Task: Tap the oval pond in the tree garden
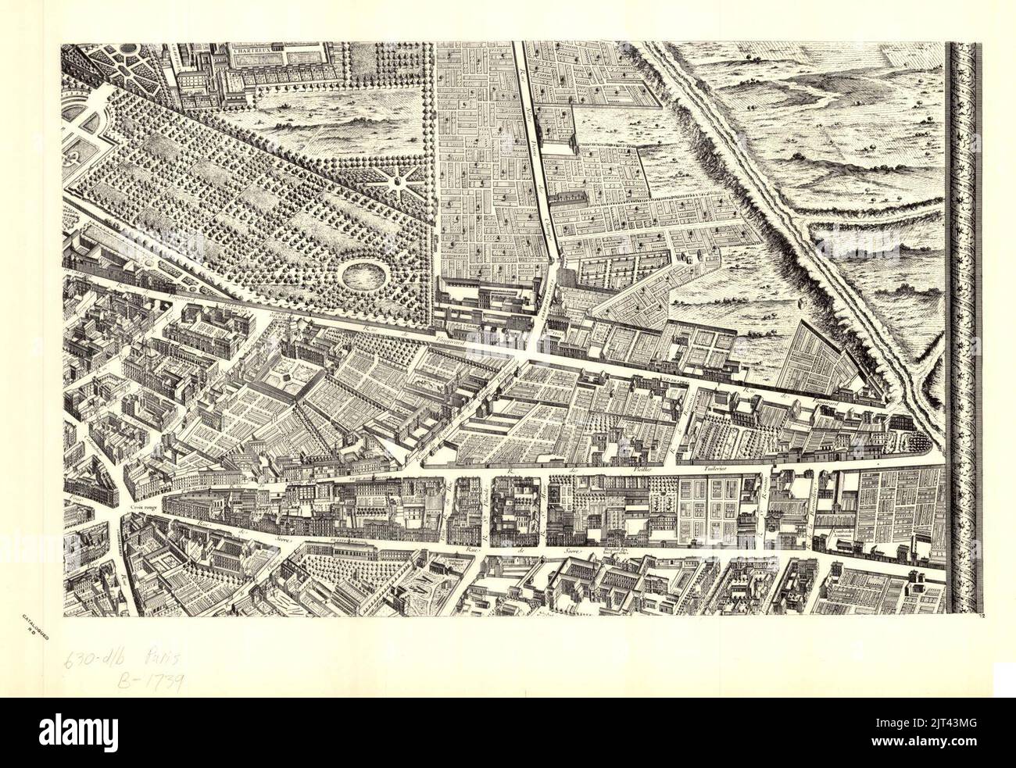tap(361, 274)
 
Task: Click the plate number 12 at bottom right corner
tap(981, 617)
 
